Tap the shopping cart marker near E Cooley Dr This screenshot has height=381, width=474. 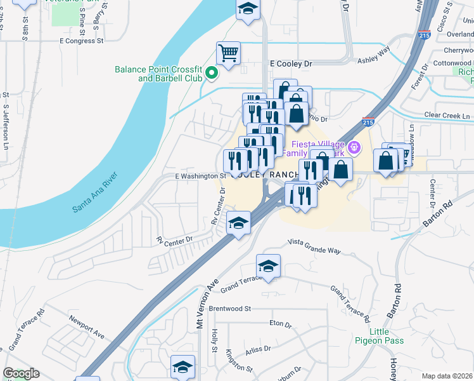[x=228, y=53]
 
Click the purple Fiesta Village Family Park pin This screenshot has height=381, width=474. [x=354, y=148]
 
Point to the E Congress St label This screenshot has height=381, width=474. [x=80, y=41]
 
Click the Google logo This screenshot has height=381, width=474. [x=21, y=373]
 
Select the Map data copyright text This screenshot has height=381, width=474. [x=447, y=376]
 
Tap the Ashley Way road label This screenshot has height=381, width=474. [x=374, y=55]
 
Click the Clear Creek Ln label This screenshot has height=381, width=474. [x=447, y=116]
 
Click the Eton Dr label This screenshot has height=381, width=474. [x=280, y=324]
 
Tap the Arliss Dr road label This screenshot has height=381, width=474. [x=258, y=349]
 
